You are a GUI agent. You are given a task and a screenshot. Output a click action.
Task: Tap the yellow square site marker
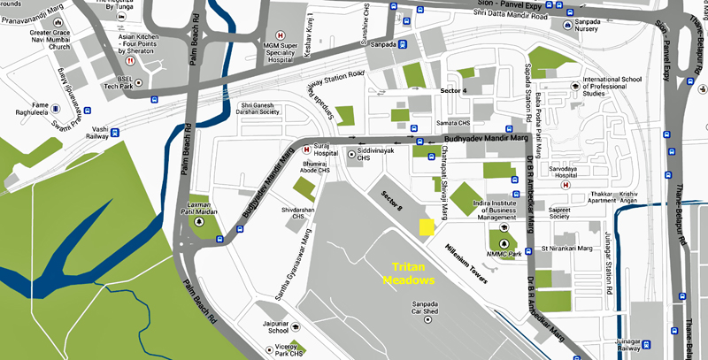[x=427, y=227]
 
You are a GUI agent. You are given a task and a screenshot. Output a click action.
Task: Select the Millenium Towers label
[x=466, y=264]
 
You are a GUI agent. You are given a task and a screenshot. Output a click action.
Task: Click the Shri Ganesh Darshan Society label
[x=263, y=114]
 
